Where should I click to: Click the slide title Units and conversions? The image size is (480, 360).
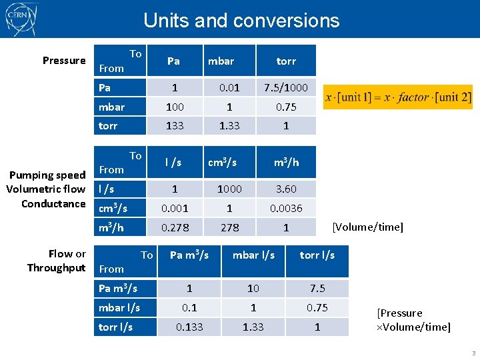point(241,21)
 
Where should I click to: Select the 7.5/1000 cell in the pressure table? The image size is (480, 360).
point(286,87)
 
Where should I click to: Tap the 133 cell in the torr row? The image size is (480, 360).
point(174,125)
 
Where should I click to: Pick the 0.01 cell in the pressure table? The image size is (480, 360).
point(229,87)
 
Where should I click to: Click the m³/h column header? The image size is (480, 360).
point(286,162)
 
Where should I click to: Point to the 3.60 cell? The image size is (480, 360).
point(286,189)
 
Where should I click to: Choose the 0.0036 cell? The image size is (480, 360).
point(286,208)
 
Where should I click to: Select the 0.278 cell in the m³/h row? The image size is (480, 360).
point(175,227)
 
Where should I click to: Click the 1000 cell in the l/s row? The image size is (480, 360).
point(229,189)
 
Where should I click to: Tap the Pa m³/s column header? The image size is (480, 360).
point(189,255)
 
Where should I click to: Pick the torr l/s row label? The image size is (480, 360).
point(115,327)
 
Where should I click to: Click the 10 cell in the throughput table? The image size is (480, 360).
point(253,288)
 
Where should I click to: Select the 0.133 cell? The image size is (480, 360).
point(189,327)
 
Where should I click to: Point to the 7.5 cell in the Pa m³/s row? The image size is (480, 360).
point(317,288)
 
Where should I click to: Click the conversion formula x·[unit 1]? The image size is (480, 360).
point(398,97)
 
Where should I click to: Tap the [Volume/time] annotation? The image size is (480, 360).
point(368,227)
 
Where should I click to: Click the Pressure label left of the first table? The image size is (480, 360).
point(64,61)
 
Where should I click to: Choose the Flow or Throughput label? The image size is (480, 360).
point(57,261)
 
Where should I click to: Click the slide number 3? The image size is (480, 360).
point(473,353)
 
